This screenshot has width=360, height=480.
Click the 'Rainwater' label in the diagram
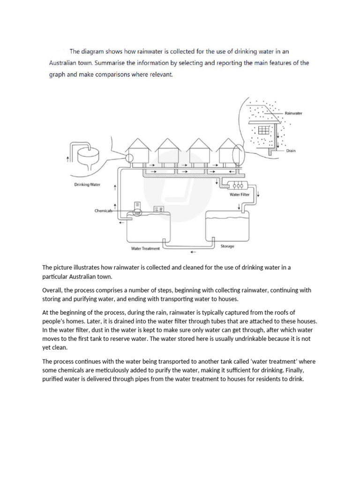tap(294, 113)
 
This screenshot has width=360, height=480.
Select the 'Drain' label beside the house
tap(291, 151)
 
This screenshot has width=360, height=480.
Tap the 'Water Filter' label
tap(239, 194)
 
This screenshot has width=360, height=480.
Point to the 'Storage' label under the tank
tap(227, 246)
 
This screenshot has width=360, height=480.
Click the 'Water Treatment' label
tap(145, 248)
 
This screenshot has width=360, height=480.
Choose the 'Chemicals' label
tap(104, 211)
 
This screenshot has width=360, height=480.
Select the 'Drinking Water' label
tap(87, 185)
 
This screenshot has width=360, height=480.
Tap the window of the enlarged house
tap(264, 129)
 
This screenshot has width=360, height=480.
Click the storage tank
tap(227, 227)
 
